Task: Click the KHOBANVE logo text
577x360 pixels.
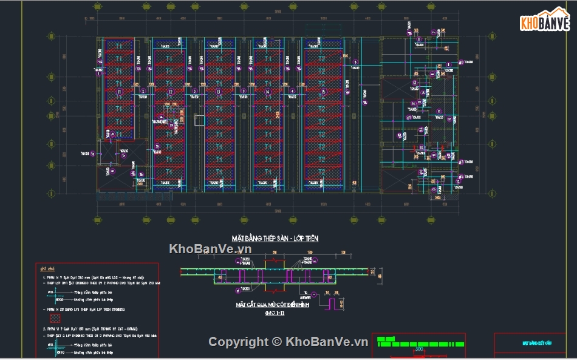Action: pyautogui.click(x=545, y=24)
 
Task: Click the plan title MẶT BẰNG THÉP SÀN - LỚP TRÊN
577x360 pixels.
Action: pyautogui.click(x=275, y=239)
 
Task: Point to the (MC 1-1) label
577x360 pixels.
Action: pyautogui.click(x=275, y=313)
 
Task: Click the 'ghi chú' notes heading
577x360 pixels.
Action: pyautogui.click(x=47, y=269)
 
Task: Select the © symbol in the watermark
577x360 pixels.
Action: pyautogui.click(x=276, y=342)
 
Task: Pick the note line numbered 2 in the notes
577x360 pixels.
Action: pyautogui.click(x=91, y=328)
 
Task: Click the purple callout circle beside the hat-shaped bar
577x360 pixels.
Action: pyautogui.click(x=313, y=296)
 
